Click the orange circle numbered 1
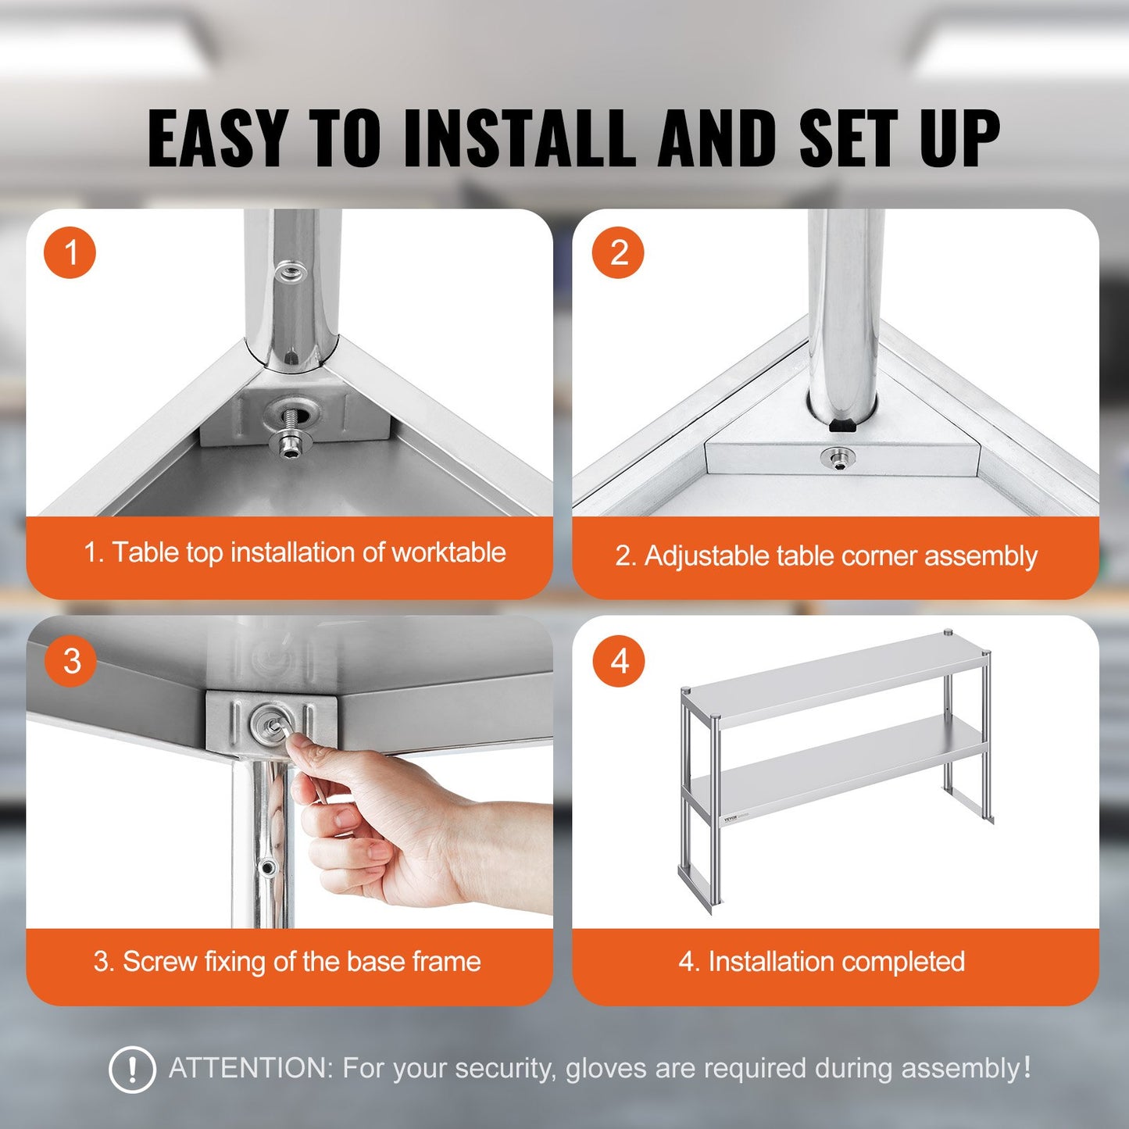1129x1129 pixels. pos(70,252)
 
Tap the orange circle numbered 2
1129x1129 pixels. pos(618,252)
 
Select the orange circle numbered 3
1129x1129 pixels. pos(70,661)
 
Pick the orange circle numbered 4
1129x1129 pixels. pos(619,661)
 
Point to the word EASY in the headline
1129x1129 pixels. pos(216,138)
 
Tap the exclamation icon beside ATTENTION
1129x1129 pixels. pos(132,1069)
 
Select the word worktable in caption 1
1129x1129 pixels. pos(448,552)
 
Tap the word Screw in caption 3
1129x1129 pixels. pos(159,961)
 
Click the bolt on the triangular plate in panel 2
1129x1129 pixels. pos(838,458)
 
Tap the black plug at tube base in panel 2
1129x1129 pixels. pos(842,427)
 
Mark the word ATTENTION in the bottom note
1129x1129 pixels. pos(251,1068)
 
